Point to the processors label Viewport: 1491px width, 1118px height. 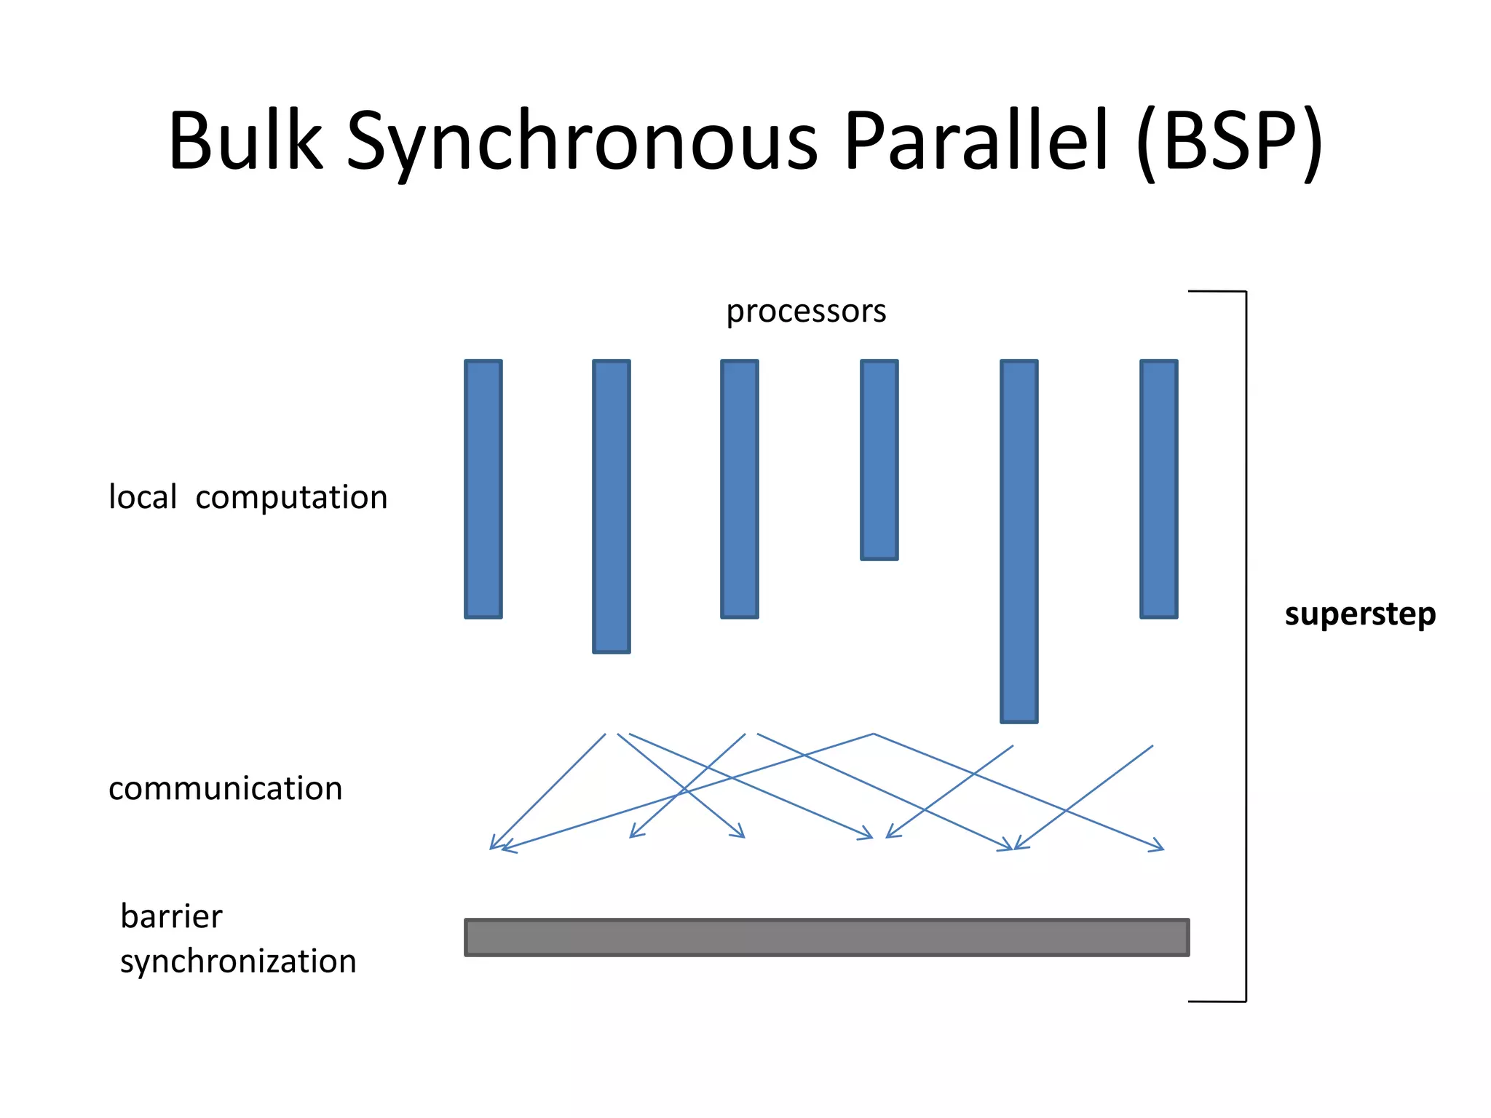coord(806,312)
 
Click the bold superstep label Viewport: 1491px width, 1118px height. coord(1360,614)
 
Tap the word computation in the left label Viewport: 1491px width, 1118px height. coord(291,498)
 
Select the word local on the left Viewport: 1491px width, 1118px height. coord(143,497)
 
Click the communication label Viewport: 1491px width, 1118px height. coord(225,788)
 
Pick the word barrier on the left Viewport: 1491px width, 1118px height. coord(171,916)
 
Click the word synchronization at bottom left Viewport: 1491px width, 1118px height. coord(238,961)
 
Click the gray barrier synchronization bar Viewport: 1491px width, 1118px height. coord(826,937)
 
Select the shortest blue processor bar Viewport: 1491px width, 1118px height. coord(879,459)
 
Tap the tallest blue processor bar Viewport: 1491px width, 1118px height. coord(1019,541)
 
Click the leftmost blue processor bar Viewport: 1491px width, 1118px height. coord(483,488)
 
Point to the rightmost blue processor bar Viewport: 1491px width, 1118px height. coord(1158,488)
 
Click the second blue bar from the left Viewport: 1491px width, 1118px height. coord(611,506)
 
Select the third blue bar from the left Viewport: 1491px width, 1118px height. coord(739,488)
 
